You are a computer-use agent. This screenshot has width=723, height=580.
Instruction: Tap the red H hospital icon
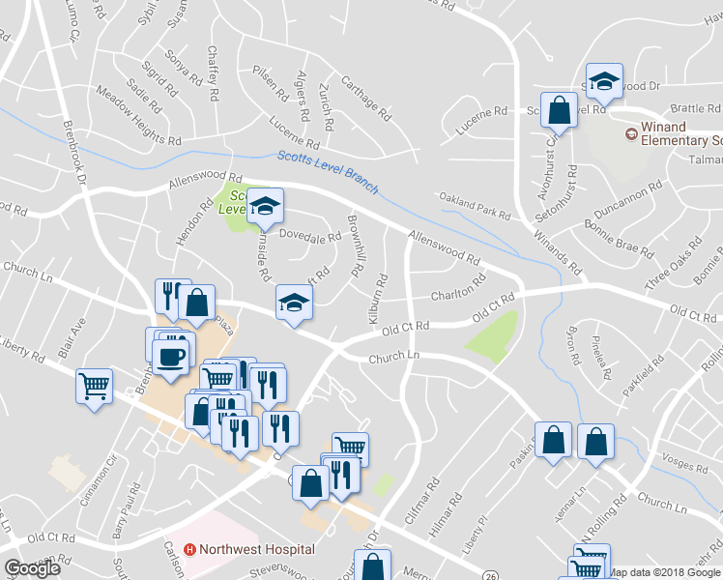pos(190,549)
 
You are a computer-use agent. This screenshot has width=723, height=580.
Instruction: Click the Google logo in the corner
pos(32,567)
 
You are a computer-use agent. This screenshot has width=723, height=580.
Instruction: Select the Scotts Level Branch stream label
pos(328,172)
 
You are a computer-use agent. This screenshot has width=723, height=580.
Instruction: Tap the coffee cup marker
pos(172,357)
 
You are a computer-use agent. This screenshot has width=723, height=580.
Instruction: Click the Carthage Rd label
pos(365,100)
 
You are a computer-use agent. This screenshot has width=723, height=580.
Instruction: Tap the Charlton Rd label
pos(457,292)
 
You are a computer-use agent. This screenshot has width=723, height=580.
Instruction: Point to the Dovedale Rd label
pos(310,235)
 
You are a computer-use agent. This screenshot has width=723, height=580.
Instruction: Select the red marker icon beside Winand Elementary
pos(631,134)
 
